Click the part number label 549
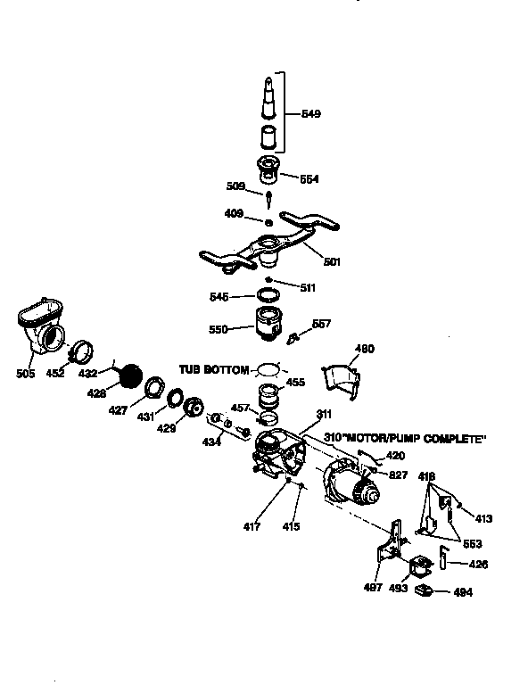pos(310,114)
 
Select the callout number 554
pos(309,178)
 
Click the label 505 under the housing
pos(25,373)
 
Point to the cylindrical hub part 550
pos(269,325)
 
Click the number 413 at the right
pos(483,518)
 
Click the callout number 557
pos(321,323)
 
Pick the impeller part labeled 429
pos(192,408)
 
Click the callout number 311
pos(323,413)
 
